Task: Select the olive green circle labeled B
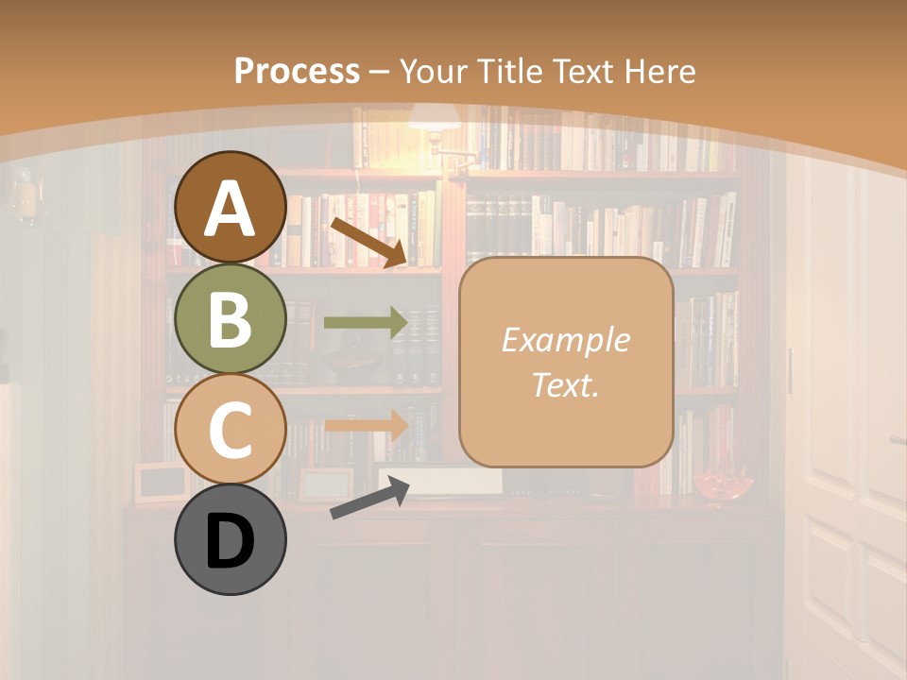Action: (230, 318)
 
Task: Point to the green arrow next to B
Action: (366, 323)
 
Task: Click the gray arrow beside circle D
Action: (369, 499)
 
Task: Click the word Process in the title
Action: (297, 71)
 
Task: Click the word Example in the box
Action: (566, 340)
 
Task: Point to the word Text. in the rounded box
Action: (566, 385)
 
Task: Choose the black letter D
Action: (230, 542)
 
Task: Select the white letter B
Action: (230, 320)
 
